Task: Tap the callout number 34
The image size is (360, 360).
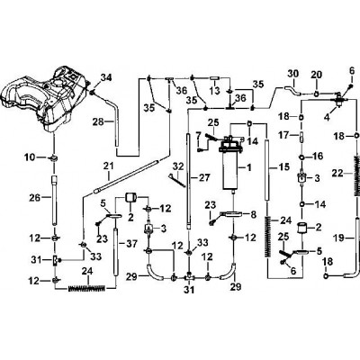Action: pyautogui.click(x=105, y=77)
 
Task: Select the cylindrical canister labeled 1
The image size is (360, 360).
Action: pyautogui.click(x=230, y=164)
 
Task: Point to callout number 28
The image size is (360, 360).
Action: pyautogui.click(x=98, y=121)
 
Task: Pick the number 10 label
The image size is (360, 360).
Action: pyautogui.click(x=30, y=157)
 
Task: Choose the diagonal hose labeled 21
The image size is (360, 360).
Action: pyautogui.click(x=126, y=177)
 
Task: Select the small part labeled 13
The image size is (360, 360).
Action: pyautogui.click(x=215, y=78)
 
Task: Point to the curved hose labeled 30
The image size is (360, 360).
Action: pyautogui.click(x=292, y=89)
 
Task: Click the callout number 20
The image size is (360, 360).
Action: pyautogui.click(x=316, y=75)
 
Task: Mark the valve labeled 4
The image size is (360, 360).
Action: pyautogui.click(x=338, y=99)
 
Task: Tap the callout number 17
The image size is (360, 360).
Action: pyautogui.click(x=284, y=135)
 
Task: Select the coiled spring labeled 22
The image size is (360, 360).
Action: pyautogui.click(x=356, y=175)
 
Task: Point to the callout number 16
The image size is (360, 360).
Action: pyautogui.click(x=318, y=156)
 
